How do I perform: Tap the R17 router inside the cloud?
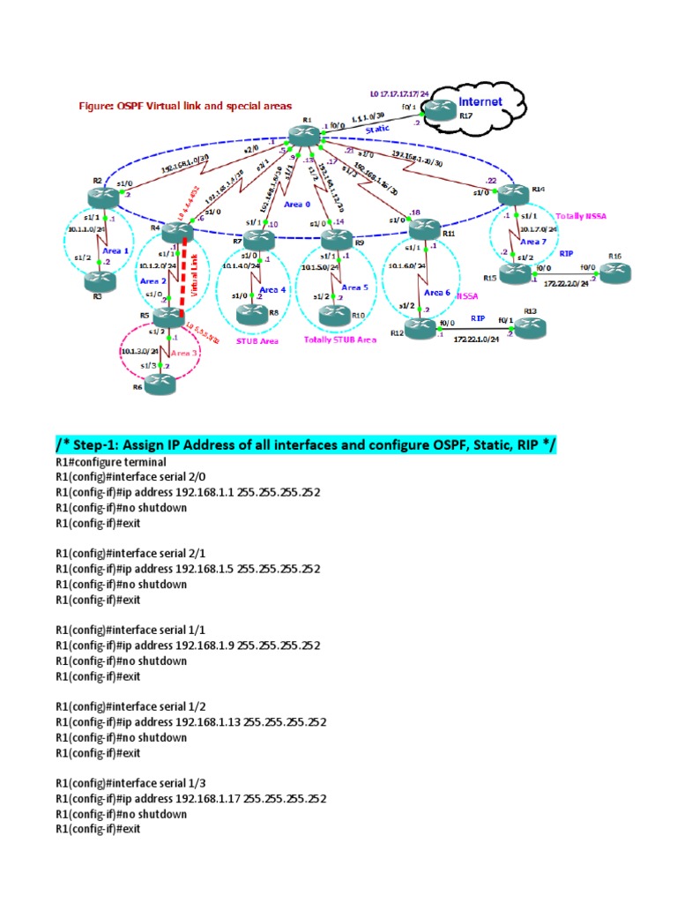pyautogui.click(x=438, y=109)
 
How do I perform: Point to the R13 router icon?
pyautogui.click(x=529, y=329)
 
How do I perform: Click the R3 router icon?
pyautogui.click(x=97, y=281)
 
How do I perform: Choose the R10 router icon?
pyautogui.click(x=334, y=310)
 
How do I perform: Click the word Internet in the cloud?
pyautogui.click(x=480, y=102)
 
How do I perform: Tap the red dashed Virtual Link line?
pyautogui.click(x=185, y=269)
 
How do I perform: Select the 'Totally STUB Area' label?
pyautogui.click(x=339, y=339)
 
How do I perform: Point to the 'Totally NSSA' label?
pyautogui.click(x=580, y=215)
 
